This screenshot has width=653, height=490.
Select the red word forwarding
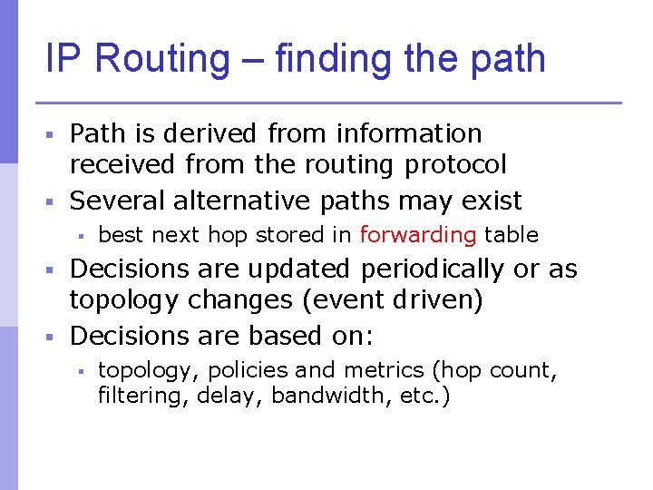click(418, 235)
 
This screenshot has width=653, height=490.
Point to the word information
click(409, 133)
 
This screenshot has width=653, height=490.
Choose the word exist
click(492, 200)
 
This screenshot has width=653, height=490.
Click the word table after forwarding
click(512, 235)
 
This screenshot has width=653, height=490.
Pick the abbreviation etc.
click(426, 396)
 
